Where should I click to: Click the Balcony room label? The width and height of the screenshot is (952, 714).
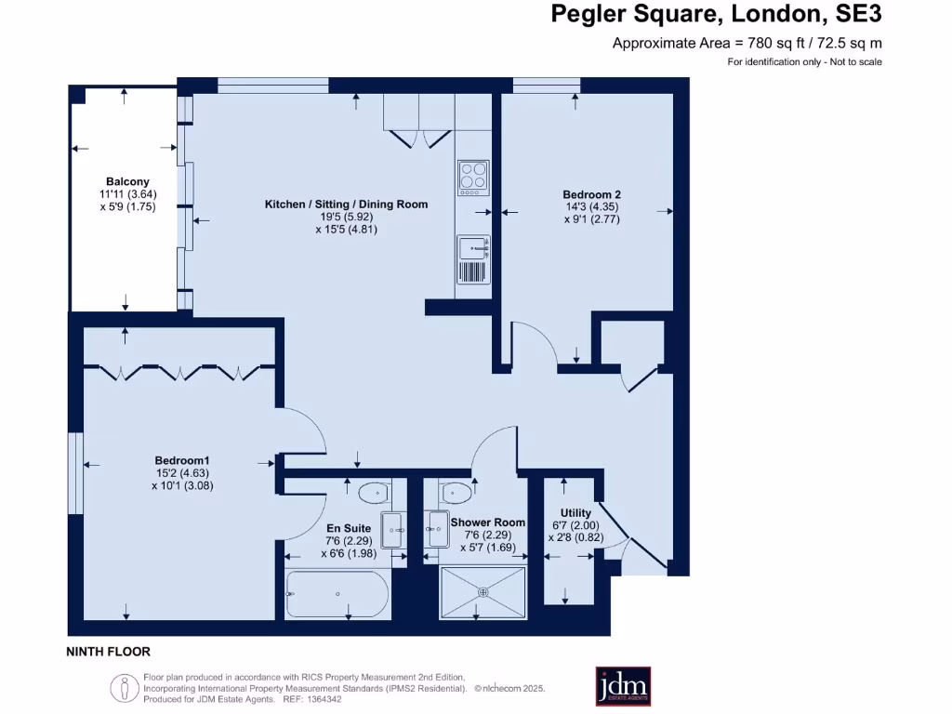click(x=127, y=181)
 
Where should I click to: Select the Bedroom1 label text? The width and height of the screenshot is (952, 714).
click(x=182, y=460)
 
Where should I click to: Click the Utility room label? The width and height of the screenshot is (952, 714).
click(x=576, y=513)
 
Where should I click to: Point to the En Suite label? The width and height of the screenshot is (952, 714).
click(x=349, y=528)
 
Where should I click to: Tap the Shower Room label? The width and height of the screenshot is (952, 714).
click(x=488, y=522)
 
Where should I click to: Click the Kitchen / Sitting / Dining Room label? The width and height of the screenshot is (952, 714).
click(x=346, y=204)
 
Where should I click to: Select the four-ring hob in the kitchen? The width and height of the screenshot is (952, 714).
click(x=473, y=176)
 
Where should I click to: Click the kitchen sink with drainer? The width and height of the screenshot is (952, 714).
click(x=473, y=258)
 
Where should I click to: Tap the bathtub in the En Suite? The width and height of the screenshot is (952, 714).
click(x=337, y=593)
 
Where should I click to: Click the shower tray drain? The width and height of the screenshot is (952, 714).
click(x=483, y=591)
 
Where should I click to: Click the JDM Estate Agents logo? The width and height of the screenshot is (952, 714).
click(x=623, y=686)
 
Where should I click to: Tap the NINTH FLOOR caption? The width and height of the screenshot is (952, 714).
click(x=109, y=652)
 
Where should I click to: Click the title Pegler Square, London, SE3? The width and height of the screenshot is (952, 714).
click(x=716, y=14)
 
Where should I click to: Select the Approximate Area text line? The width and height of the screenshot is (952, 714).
click(x=747, y=43)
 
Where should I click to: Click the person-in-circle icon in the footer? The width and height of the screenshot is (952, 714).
click(x=122, y=689)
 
